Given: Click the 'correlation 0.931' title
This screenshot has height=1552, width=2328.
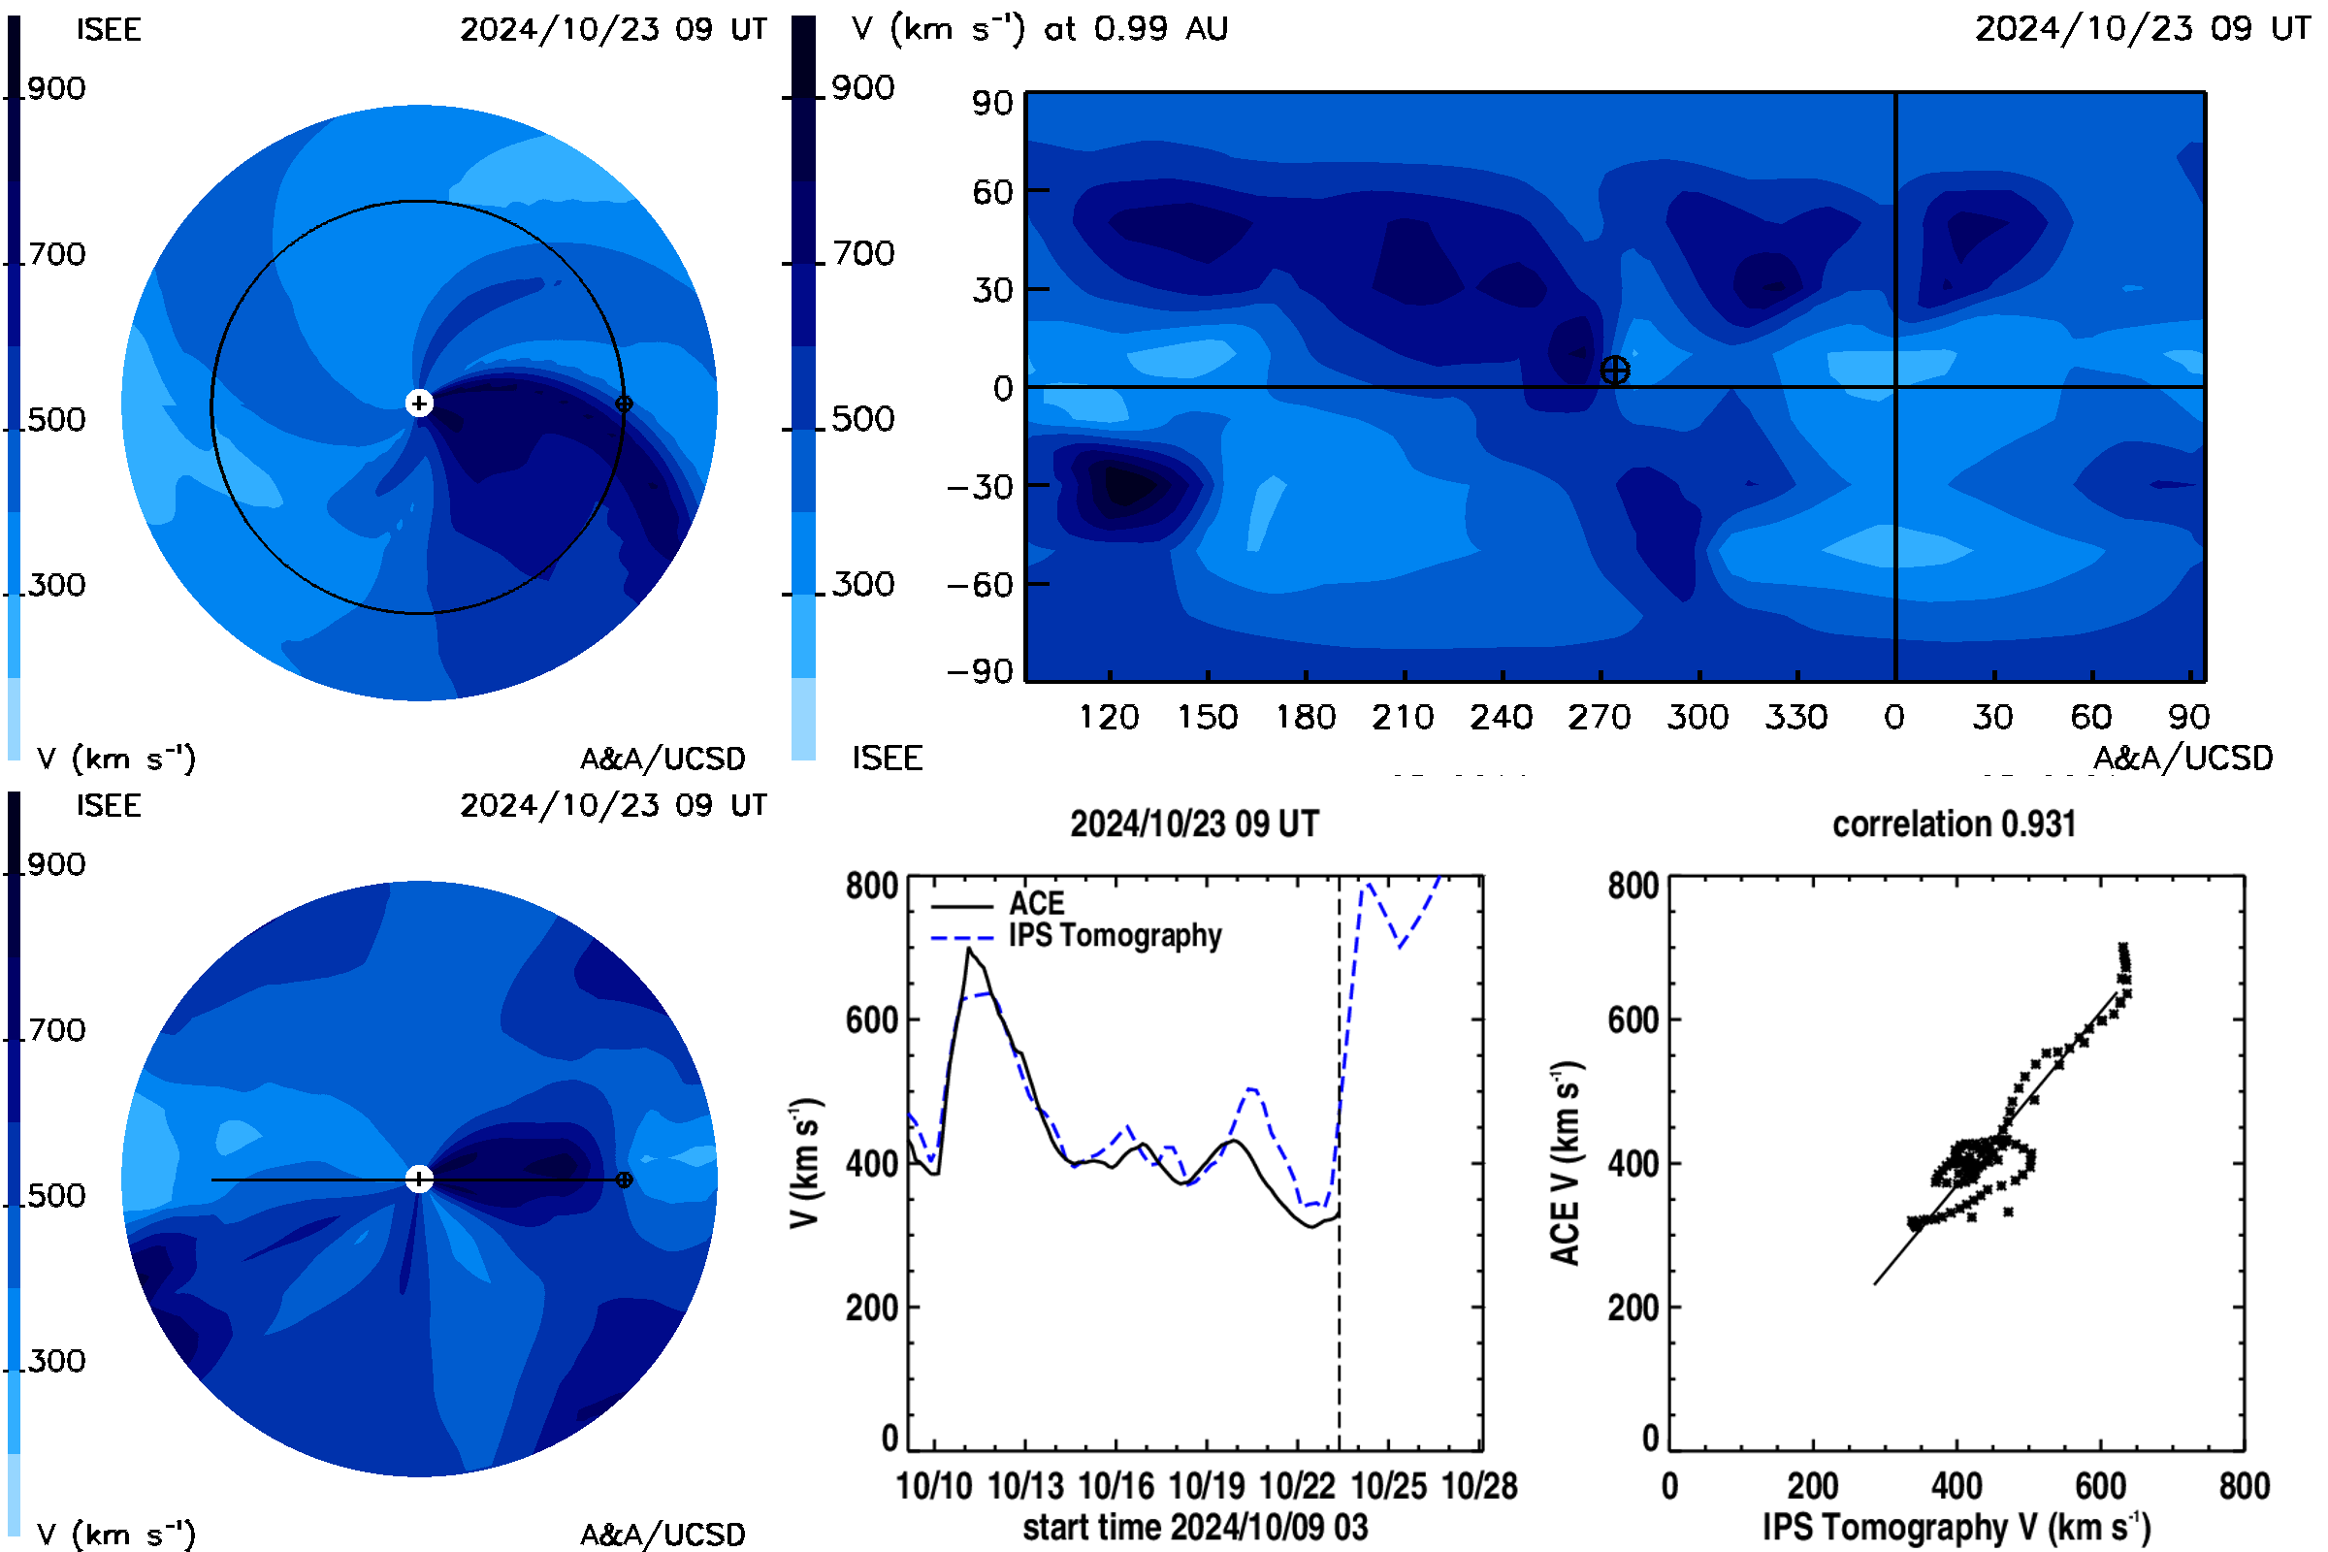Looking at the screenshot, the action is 1953,824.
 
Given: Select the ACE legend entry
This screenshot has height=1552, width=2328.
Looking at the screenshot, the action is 998,904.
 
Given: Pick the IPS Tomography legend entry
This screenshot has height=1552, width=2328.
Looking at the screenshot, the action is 1076,935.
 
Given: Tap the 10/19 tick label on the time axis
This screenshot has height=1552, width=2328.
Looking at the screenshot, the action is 1207,1486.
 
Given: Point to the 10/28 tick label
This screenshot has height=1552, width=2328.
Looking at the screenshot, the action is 1480,1486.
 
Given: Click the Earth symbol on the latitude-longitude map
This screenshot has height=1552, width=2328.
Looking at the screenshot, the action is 1614,372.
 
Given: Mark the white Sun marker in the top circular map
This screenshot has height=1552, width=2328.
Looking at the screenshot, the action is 419,403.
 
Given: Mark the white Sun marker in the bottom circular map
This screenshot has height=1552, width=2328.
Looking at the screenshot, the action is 419,1179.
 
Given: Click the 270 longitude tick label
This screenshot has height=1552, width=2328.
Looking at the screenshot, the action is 1600,717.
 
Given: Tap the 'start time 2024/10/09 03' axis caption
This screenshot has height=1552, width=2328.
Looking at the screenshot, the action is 1195,1527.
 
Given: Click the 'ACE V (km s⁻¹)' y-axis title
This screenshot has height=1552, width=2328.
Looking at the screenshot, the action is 1567,1163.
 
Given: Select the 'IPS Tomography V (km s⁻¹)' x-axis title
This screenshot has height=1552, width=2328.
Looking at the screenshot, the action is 1956,1527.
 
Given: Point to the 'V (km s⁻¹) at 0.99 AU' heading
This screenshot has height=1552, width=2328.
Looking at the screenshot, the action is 1040,29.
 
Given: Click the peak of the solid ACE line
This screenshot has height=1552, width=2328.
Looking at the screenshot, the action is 969,949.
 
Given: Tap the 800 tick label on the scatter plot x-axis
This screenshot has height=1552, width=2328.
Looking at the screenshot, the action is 2244,1486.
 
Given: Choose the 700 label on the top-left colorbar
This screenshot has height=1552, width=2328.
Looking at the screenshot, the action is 56,254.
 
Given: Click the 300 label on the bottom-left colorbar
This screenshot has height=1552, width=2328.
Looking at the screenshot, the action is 56,1361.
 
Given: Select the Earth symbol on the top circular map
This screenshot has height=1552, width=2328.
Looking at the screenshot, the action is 624,404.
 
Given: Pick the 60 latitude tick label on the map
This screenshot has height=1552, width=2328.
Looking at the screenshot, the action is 992,191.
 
